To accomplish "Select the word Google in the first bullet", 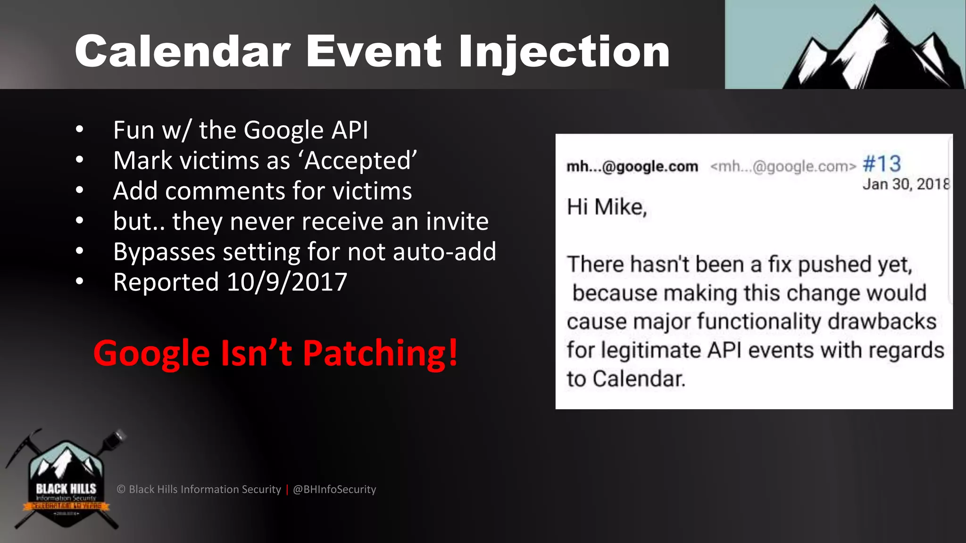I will point(283,131).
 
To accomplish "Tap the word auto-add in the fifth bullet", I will point(444,252).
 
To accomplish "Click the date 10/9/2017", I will point(287,282).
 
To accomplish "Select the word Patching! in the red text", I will point(380,353).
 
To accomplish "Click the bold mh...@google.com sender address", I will point(632,166).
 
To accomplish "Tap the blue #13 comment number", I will point(882,164).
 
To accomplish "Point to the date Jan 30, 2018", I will point(906,184).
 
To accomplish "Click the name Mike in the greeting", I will point(620,207).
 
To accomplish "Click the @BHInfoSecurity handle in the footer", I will point(334,489).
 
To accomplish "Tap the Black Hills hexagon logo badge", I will point(66,481).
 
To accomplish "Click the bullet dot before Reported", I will point(80,282).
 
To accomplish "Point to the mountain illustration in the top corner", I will point(873,47).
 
